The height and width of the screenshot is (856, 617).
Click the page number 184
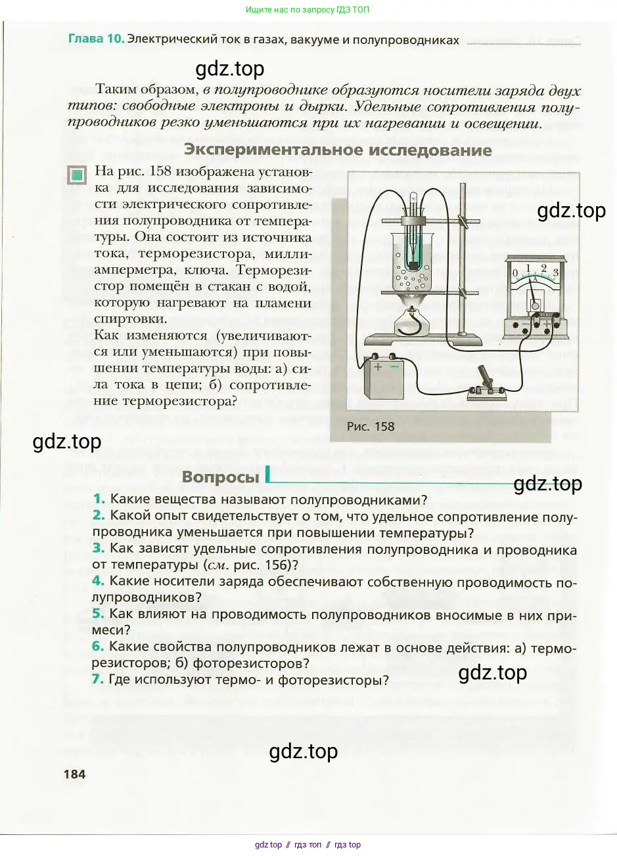tap(74, 774)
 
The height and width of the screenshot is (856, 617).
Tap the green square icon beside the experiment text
tap(78, 175)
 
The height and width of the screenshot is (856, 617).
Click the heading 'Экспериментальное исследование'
tap(338, 150)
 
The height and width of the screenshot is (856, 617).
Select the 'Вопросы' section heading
tap(220, 477)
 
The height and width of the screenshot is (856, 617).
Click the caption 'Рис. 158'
tap(371, 426)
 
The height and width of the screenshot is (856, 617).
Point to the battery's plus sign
tap(378, 367)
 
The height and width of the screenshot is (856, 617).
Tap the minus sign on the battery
tap(394, 366)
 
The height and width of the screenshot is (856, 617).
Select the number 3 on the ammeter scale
tap(556, 272)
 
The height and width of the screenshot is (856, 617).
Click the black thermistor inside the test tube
tap(413, 264)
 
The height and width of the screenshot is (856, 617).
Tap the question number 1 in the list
tap(99, 500)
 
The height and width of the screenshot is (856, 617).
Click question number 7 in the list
tap(98, 679)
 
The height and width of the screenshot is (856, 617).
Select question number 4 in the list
tap(98, 581)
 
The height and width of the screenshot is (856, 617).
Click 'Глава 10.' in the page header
tap(96, 39)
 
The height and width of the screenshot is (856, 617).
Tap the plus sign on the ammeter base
tap(546, 324)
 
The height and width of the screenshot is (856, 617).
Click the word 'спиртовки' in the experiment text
tap(131, 319)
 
